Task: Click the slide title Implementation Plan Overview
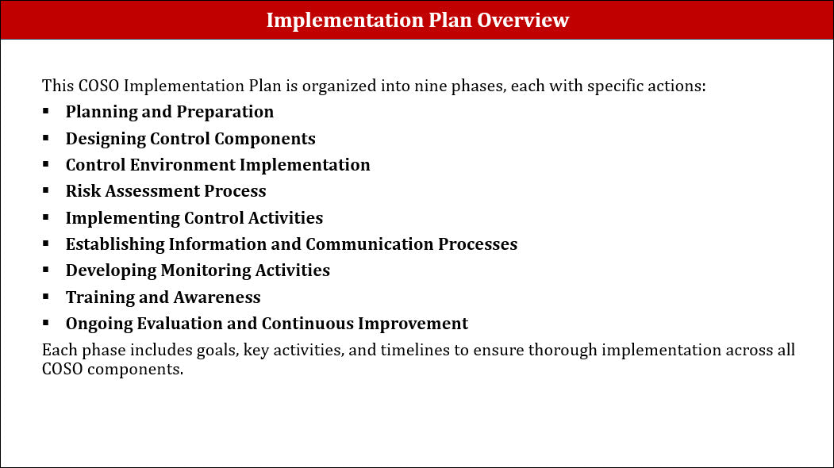point(417,20)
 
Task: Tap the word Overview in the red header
point(523,20)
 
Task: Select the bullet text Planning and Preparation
point(170,112)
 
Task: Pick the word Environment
point(183,165)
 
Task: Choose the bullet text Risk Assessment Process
point(166,191)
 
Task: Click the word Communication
point(370,244)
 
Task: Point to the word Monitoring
point(206,271)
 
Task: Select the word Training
point(100,297)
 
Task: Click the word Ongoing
point(99,324)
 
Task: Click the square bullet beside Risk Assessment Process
point(46,190)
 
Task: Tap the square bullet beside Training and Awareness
point(46,296)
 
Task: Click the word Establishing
point(115,244)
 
